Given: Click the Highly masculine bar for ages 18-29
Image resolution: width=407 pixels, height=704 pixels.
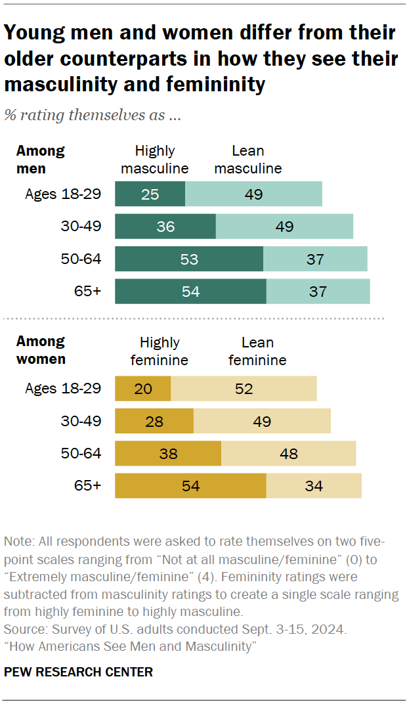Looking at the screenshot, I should (150, 194).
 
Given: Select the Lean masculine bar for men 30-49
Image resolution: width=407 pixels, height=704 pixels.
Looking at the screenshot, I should (284, 227).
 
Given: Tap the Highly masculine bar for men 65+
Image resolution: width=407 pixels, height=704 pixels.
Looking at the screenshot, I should (190, 292).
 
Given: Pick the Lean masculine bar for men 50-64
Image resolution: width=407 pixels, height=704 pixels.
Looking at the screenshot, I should (315, 259).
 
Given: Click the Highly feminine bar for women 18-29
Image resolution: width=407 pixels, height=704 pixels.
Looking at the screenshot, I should (142, 389).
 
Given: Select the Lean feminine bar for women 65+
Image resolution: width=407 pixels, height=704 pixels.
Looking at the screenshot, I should (314, 487).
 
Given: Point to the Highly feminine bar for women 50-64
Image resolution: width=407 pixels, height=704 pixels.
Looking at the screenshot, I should (168, 454).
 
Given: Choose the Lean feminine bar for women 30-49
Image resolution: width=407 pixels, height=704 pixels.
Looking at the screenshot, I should (262, 421).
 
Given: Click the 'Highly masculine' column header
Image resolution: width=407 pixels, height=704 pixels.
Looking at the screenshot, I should (155, 160).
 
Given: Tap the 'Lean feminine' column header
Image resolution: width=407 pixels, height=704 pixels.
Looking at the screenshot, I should (257, 351).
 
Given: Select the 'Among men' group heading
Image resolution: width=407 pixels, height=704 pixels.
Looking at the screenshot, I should (40, 159).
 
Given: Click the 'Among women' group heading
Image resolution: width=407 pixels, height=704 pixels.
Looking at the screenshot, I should (41, 350).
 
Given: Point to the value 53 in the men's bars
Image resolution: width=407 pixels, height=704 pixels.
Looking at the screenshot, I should (189, 259).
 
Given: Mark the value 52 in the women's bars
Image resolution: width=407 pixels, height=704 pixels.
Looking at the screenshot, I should (244, 389).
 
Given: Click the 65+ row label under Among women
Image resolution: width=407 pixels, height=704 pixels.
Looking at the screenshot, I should (89, 486).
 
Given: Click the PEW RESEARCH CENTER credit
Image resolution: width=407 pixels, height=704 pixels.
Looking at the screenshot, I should (78, 672).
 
